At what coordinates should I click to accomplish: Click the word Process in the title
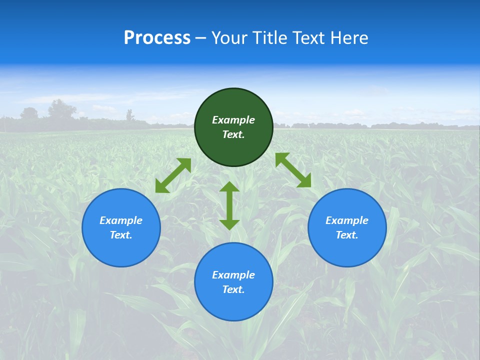point(157,38)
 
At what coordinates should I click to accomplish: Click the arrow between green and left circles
point(173,175)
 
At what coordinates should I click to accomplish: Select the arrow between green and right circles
point(293,170)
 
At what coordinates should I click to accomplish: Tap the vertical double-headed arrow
point(229,205)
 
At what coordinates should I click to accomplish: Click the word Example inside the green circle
point(233,120)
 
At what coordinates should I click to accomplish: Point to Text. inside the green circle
point(233,134)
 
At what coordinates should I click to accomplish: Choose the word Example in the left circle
point(121,220)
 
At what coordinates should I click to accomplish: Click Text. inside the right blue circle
point(347,235)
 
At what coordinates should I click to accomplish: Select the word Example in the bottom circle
point(233,275)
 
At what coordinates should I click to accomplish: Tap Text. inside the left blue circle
point(121,235)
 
